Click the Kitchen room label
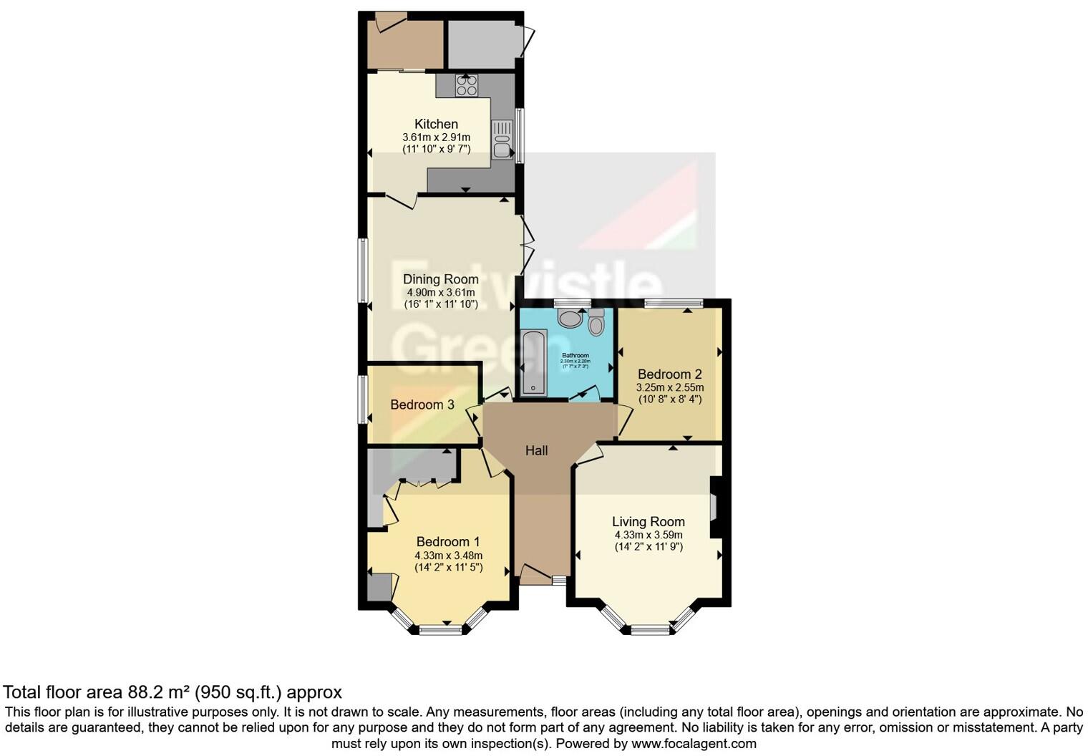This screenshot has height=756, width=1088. (x=436, y=124)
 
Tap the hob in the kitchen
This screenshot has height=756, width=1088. (x=467, y=86)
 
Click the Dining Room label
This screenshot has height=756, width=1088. (x=440, y=279)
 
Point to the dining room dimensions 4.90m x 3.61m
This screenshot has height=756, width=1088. (x=440, y=292)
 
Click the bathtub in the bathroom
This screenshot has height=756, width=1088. (x=534, y=362)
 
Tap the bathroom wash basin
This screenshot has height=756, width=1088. (x=570, y=318)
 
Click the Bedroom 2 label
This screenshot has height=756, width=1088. (x=669, y=374)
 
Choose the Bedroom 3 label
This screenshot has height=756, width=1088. (x=422, y=404)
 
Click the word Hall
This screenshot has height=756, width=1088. (x=536, y=450)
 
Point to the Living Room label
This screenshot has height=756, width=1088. (x=648, y=522)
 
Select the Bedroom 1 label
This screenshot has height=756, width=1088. (x=448, y=542)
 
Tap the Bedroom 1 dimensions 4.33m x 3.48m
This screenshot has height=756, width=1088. (x=448, y=556)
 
